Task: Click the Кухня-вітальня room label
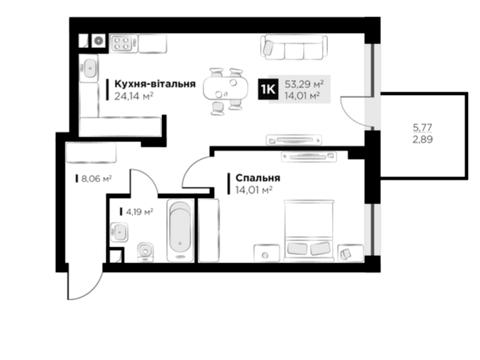tap(155, 84)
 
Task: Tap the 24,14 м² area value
tap(134, 96)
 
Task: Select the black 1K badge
tap(268, 89)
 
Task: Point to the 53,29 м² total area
tap(305, 84)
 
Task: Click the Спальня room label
tap(258, 178)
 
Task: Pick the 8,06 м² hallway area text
tap(96, 179)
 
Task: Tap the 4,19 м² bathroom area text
tap(140, 211)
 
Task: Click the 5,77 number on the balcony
tap(422, 127)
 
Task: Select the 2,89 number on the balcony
tap(423, 139)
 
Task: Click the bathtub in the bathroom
tap(180, 231)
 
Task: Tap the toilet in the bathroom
tap(146, 252)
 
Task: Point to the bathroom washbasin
tap(119, 231)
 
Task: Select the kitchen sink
tap(89, 67)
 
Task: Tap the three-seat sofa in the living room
tap(294, 48)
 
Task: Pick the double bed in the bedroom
tap(309, 230)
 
